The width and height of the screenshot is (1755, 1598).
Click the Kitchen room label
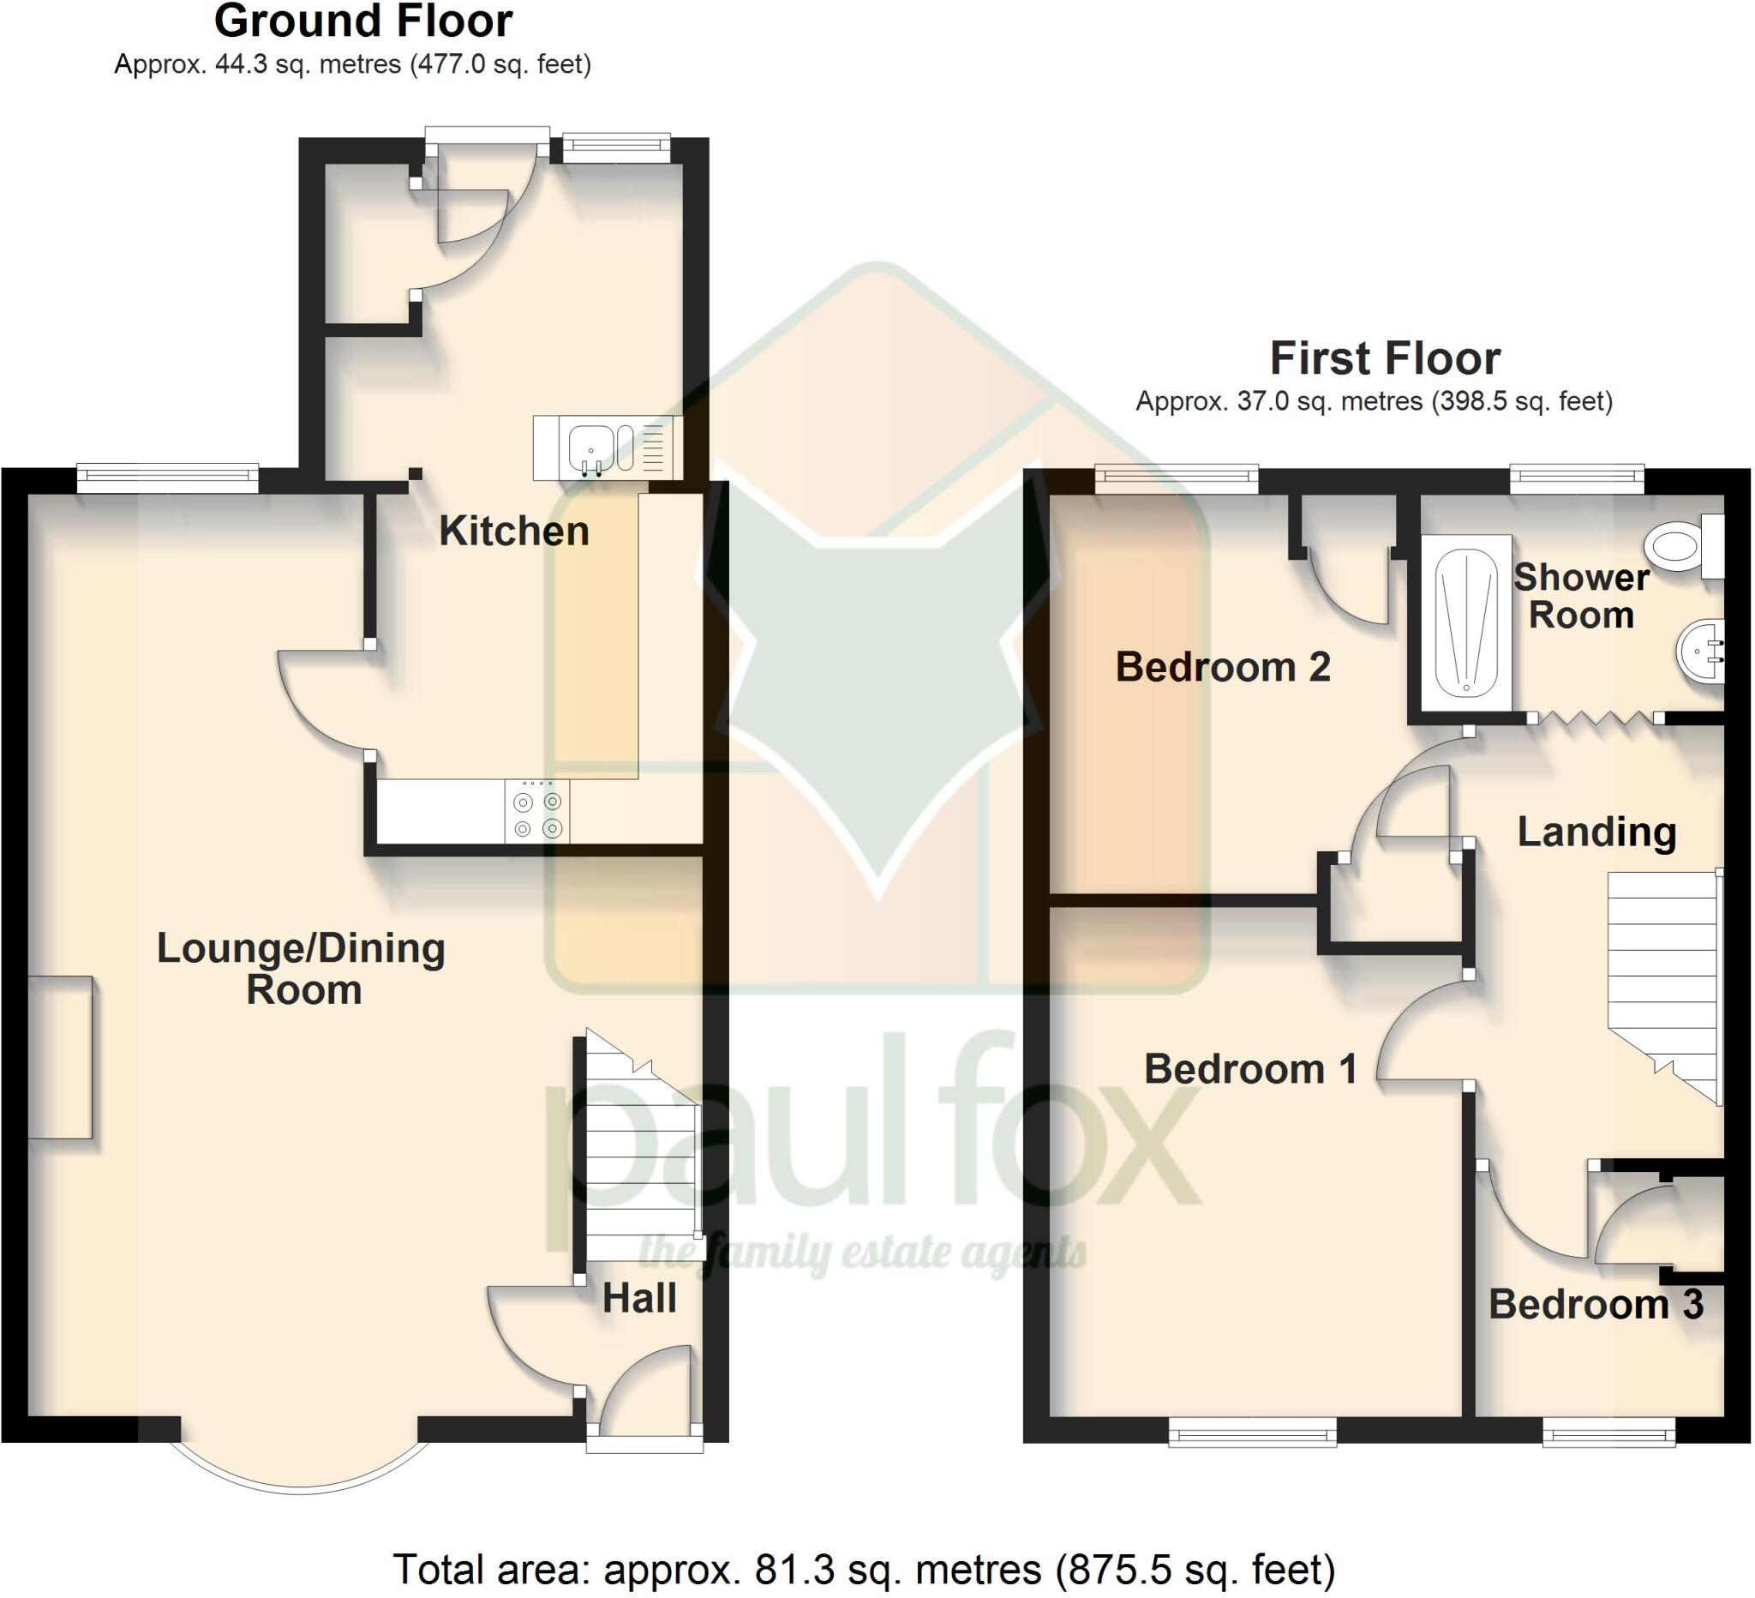coord(513,532)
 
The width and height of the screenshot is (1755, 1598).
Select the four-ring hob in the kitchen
coord(537,812)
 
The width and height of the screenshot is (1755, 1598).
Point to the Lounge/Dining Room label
coord(301,969)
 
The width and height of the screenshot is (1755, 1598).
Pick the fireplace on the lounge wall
coord(60,1057)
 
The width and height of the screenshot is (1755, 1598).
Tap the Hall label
coord(639,1299)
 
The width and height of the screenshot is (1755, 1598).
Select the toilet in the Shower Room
coord(1675,546)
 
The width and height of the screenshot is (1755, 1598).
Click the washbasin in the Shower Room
coord(1700,652)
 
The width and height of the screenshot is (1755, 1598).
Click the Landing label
coord(1596,832)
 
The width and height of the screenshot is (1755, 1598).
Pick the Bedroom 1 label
coord(1250,1068)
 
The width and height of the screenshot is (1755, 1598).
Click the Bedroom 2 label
coord(1223,667)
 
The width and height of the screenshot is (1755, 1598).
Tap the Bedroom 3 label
coord(1596,1304)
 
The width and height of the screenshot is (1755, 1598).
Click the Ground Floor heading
coord(363,21)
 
